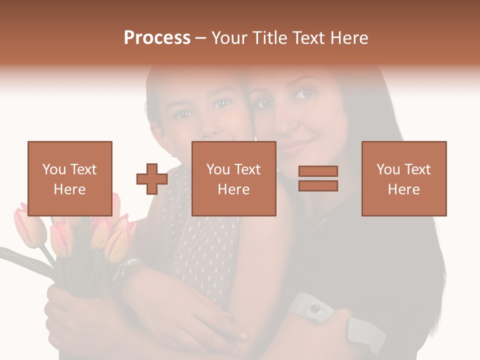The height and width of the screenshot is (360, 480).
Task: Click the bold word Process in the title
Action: point(157,38)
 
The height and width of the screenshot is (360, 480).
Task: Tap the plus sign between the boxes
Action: point(152,179)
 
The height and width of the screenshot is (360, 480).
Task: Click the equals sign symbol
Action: point(318,178)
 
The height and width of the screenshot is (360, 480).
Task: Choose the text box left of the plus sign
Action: point(69,178)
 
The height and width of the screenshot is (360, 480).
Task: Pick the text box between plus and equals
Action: point(233,178)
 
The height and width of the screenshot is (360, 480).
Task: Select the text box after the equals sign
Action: point(403,178)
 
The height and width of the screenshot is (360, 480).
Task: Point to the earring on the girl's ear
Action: point(173,154)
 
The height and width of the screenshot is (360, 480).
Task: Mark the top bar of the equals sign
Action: point(318,171)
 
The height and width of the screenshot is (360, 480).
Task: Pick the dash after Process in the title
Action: point(200,38)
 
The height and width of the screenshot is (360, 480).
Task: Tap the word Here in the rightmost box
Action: point(403,189)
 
